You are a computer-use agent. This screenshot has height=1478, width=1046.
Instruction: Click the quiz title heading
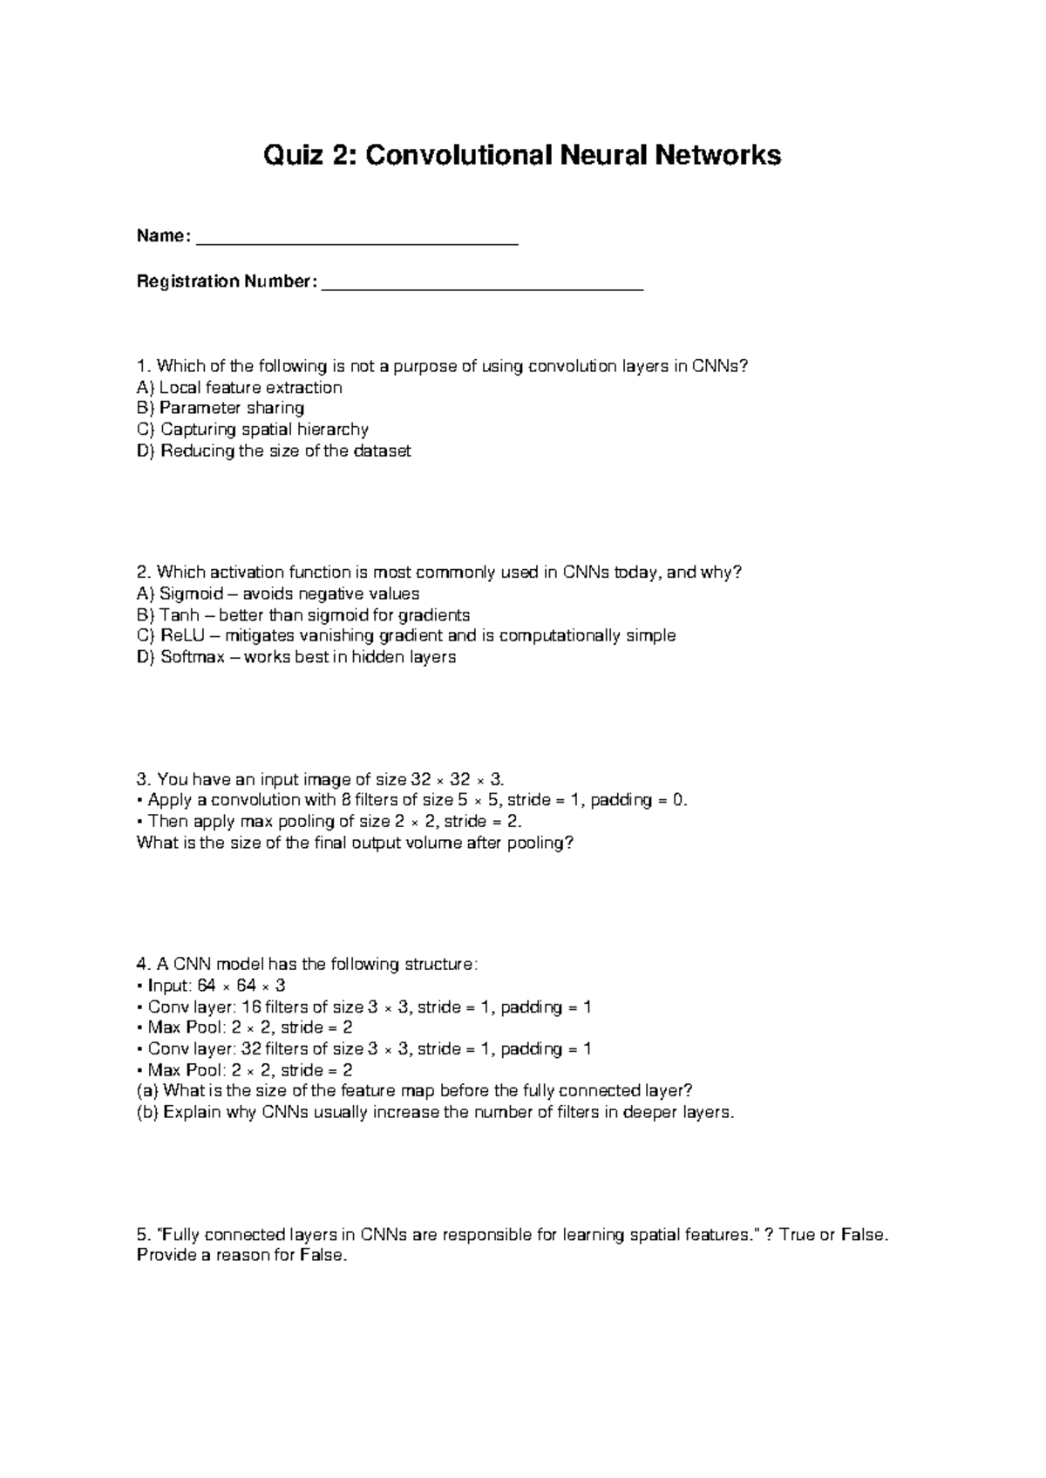[x=523, y=156]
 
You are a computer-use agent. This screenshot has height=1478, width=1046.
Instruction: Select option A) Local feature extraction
[x=240, y=388]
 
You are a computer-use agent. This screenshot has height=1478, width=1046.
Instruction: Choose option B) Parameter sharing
[x=221, y=409]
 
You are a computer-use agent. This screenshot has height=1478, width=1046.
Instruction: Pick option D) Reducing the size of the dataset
[x=274, y=451]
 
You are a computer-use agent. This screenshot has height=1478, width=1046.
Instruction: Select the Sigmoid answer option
[x=278, y=594]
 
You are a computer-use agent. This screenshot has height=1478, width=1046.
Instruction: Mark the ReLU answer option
[x=406, y=636]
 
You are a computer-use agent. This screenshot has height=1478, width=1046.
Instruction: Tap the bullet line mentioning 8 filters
[x=412, y=800]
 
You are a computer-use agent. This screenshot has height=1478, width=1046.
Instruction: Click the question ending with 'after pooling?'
[x=356, y=843]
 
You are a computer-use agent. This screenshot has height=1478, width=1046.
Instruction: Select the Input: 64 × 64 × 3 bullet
[x=212, y=986]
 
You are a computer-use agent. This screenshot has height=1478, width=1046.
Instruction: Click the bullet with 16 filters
[x=364, y=1007]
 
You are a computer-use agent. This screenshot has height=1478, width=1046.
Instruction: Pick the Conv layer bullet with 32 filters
[x=364, y=1049]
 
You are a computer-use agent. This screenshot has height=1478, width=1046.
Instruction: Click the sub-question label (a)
[x=147, y=1091]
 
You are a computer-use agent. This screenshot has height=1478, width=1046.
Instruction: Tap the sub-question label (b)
[x=147, y=1113]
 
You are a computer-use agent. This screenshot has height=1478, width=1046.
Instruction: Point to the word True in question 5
[x=797, y=1235]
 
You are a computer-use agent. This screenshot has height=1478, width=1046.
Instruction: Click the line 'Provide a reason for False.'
[x=242, y=1257]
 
